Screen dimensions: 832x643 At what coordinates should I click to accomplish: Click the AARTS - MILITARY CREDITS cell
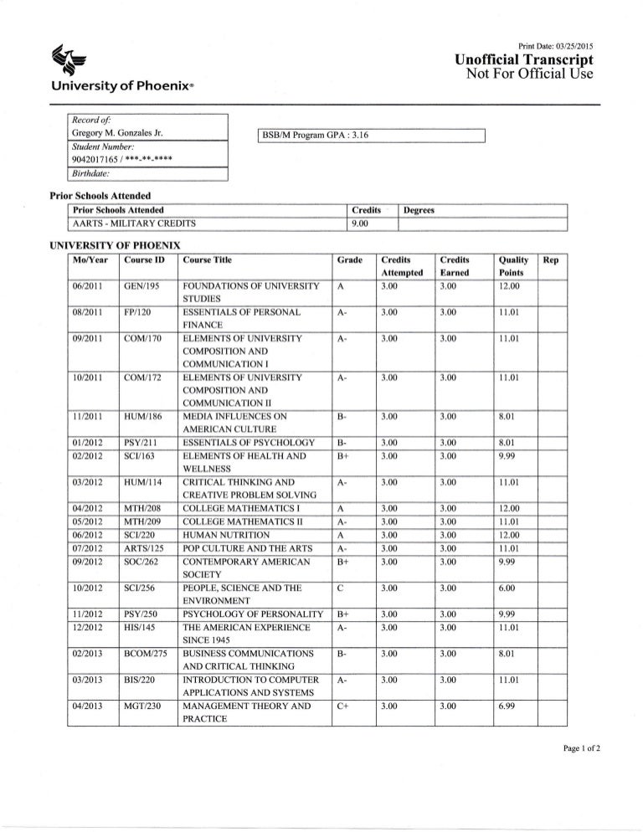[135, 223]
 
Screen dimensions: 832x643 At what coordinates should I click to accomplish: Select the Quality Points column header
[510, 266]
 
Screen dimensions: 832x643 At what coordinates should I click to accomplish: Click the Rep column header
[552, 260]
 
